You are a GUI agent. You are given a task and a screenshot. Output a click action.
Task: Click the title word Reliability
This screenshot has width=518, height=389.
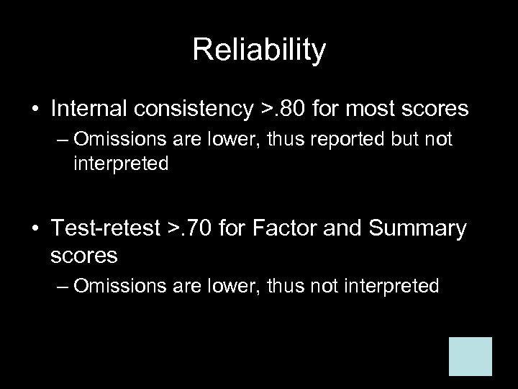[x=259, y=50]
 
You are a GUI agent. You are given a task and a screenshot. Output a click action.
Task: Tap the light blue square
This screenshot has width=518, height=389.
[x=471, y=356]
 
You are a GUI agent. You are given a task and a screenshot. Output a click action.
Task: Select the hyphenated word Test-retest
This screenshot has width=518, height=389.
[x=106, y=230]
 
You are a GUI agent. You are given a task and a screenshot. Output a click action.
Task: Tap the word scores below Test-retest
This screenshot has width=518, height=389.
[x=85, y=255]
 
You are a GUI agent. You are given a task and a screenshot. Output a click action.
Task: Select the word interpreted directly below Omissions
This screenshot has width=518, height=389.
[x=121, y=164]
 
